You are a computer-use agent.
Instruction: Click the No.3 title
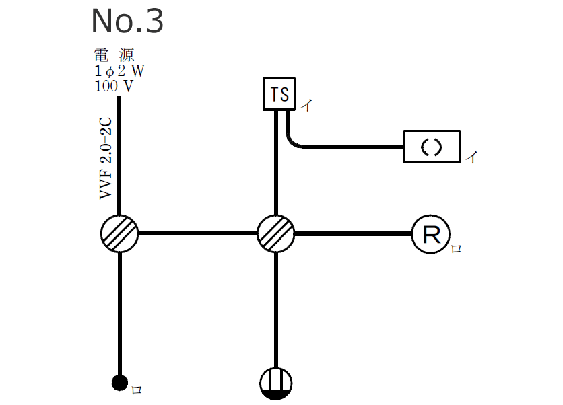[127, 22]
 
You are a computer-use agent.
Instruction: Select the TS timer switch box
[279, 94]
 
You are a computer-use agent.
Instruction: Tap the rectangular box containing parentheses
[432, 147]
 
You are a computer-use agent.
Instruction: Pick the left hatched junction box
[119, 234]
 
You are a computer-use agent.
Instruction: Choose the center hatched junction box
[276, 234]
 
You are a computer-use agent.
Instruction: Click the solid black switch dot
[119, 383]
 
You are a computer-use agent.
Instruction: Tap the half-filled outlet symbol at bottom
[276, 383]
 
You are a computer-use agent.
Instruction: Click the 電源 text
[115, 56]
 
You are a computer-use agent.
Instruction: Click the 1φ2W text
[119, 71]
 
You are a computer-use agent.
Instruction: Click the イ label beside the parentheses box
[473, 158]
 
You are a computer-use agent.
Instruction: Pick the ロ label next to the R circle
[456, 249]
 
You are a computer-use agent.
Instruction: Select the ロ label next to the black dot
[136, 390]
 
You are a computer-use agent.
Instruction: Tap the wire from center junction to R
[354, 234]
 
